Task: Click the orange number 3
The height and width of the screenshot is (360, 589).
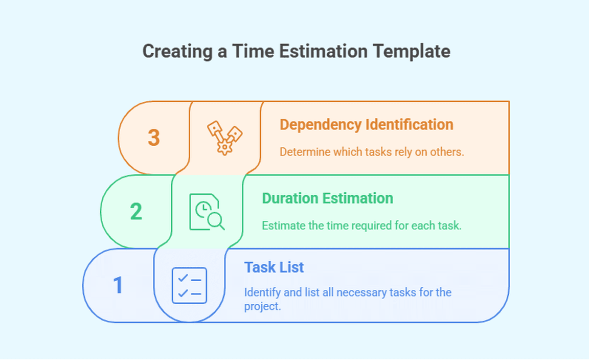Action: [x=153, y=138]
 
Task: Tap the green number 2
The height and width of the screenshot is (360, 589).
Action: [x=136, y=211]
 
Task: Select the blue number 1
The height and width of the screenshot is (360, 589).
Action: [x=118, y=285]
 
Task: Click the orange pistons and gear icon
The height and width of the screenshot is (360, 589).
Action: [x=224, y=138]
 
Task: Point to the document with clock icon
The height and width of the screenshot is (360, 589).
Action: [x=207, y=212]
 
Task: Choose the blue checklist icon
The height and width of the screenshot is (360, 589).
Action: [x=189, y=285]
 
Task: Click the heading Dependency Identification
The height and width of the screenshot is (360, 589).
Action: [x=366, y=125]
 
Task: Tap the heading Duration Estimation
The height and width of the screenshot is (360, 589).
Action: [x=327, y=198]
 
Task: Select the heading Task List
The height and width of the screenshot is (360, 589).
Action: [x=274, y=267]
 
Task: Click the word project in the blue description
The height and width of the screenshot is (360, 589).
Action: [x=262, y=306]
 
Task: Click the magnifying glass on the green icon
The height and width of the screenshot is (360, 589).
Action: [x=216, y=221]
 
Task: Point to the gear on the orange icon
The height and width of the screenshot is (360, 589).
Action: [x=224, y=147]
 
